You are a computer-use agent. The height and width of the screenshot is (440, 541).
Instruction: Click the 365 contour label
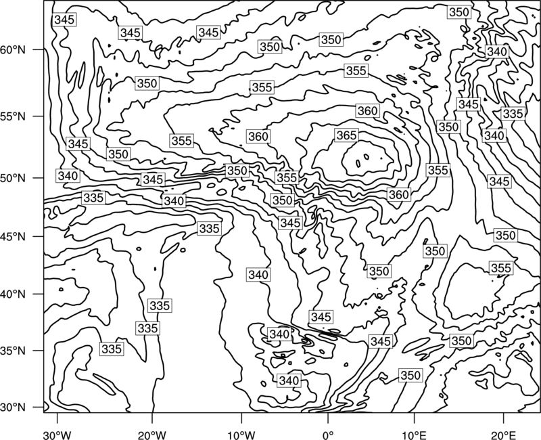pyautogui.click(x=346, y=135)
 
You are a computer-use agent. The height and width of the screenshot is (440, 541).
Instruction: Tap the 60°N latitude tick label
pyautogui.click(x=13, y=50)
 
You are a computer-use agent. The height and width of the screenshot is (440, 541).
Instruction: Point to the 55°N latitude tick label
pyautogui.click(x=13, y=116)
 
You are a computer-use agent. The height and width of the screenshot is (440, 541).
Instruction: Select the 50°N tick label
pyautogui.click(x=13, y=179)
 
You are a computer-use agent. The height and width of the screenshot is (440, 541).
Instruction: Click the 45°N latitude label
pyautogui.click(x=13, y=237)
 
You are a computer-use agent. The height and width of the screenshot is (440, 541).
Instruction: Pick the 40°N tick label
pyautogui.click(x=13, y=294)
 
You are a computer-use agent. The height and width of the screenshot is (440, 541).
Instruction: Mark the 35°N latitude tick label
pyautogui.click(x=13, y=351)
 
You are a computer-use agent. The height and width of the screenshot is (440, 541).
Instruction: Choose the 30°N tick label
pyautogui.click(x=13, y=408)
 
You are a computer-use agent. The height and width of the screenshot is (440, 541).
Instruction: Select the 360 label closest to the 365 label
pyautogui.click(x=368, y=111)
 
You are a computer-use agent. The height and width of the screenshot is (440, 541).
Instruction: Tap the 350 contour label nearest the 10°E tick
pyautogui.click(x=410, y=375)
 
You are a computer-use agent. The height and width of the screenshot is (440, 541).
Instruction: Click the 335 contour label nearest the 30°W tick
pyautogui.click(x=112, y=349)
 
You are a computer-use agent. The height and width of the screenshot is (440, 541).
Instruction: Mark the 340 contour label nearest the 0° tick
pyautogui.click(x=289, y=380)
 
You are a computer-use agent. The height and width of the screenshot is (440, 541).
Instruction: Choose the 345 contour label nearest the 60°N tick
pyautogui.click(x=64, y=20)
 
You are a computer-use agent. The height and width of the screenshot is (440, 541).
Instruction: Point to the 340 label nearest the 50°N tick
pyautogui.click(x=68, y=176)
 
